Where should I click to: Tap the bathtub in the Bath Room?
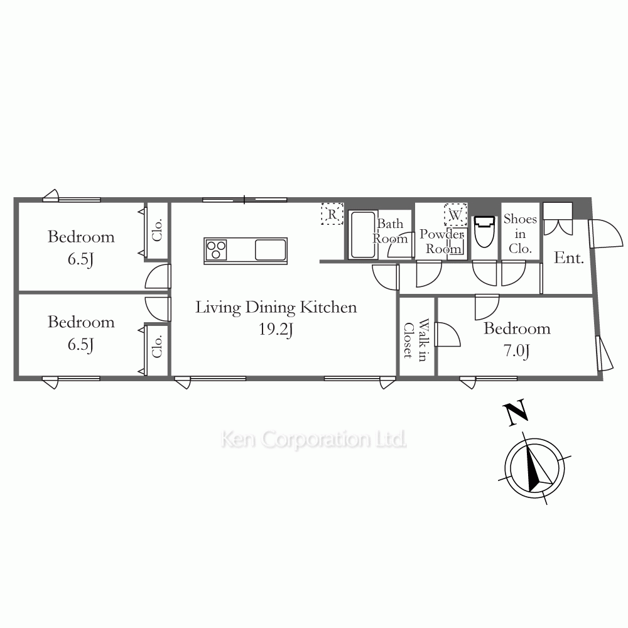[x=363, y=235]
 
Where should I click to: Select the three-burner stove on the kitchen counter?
[x=216, y=249]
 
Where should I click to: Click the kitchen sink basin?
[x=271, y=249]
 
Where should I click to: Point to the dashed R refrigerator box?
[x=332, y=214]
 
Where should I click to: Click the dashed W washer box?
[x=455, y=215]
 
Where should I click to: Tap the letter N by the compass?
[x=516, y=412]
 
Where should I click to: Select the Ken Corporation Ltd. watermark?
[x=313, y=440]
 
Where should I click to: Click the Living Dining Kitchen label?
[x=276, y=308]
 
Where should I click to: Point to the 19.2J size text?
[x=276, y=330]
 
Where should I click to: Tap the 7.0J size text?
[x=517, y=351]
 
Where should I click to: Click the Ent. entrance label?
[x=569, y=258]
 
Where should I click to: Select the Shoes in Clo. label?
[x=520, y=234]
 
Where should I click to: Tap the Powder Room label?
[x=442, y=241]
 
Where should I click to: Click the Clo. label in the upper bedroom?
[x=157, y=230]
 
